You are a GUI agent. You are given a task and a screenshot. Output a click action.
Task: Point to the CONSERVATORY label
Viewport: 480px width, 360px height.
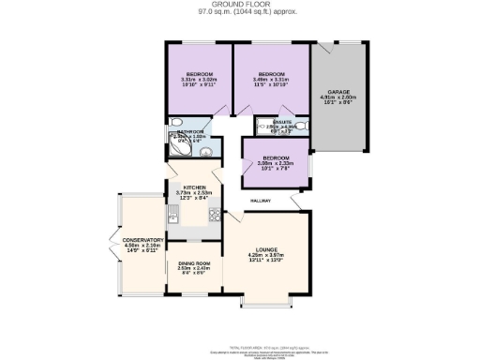(x=142, y=240)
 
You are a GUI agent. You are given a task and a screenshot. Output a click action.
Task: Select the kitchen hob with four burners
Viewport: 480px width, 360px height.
(x=214, y=218)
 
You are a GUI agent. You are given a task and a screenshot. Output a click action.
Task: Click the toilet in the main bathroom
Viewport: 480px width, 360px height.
(x=176, y=123)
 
